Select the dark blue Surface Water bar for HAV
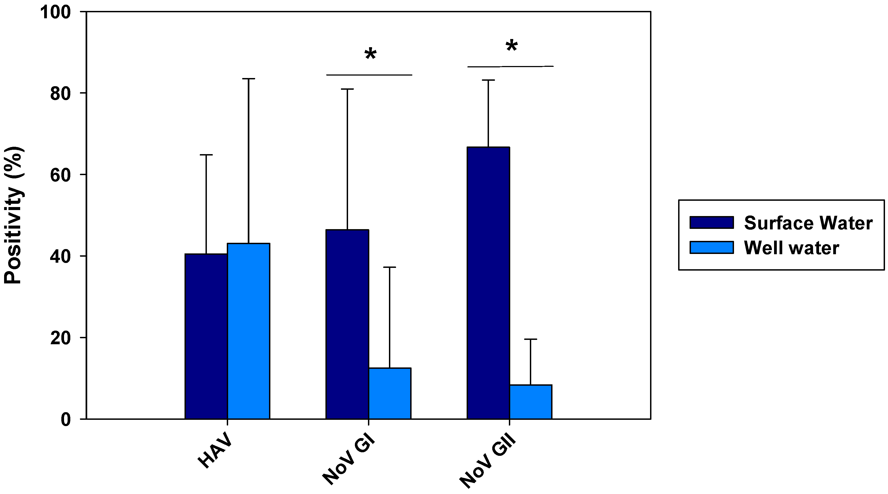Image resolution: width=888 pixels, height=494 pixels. pos(206,336)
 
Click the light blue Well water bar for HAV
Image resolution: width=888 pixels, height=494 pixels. pos(248,331)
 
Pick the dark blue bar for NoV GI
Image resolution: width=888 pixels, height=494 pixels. pos(347,324)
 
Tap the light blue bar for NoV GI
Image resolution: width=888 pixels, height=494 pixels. pos(389,393)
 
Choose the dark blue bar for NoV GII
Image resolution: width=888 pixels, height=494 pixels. pos(488,283)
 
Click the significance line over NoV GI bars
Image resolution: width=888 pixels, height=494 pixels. pos(369,75)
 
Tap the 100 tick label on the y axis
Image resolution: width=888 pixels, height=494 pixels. pos(55,13)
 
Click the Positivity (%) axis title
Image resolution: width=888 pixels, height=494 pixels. pos(13,215)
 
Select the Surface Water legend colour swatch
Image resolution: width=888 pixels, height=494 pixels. pos(711,223)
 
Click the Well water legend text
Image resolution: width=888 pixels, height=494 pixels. pos(791,248)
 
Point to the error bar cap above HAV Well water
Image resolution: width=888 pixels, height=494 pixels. pos(248,79)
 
